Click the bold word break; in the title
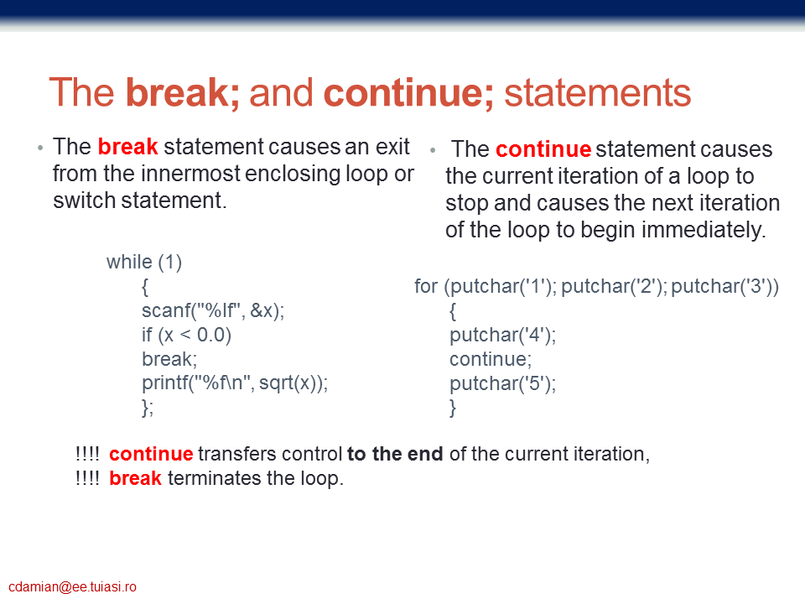click(x=183, y=93)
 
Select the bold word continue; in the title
click(x=408, y=93)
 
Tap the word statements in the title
click(x=598, y=93)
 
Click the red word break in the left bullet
click(x=127, y=146)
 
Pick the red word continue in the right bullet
click(x=543, y=149)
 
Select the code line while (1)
click(x=144, y=262)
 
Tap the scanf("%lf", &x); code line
click(x=213, y=310)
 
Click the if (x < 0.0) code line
click(x=187, y=335)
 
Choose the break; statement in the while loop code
click(x=169, y=359)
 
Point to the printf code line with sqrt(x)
click(x=235, y=383)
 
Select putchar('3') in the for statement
click(x=721, y=286)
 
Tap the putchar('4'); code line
click(x=502, y=335)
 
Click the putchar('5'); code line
click(x=502, y=383)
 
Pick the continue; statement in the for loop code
click(x=491, y=359)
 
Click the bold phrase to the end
click(x=395, y=454)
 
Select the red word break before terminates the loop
click(x=136, y=478)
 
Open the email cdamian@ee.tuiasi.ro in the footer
click(x=72, y=586)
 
